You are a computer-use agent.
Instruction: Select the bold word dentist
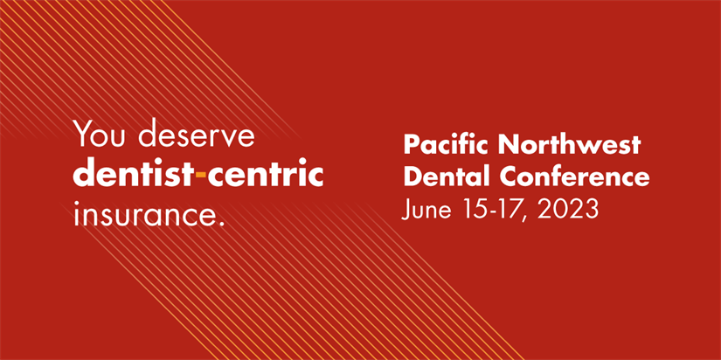(134, 175)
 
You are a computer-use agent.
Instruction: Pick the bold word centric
(266, 175)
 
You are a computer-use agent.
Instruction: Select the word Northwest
(569, 145)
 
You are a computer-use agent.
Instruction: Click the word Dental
(449, 177)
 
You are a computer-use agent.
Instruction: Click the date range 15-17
(494, 210)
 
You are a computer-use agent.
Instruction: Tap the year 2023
(567, 210)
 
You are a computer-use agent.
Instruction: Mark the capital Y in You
(82, 135)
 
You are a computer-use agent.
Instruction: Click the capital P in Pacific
(411, 145)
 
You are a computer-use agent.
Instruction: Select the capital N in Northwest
(508, 145)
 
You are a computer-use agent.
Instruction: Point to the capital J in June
(406, 210)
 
